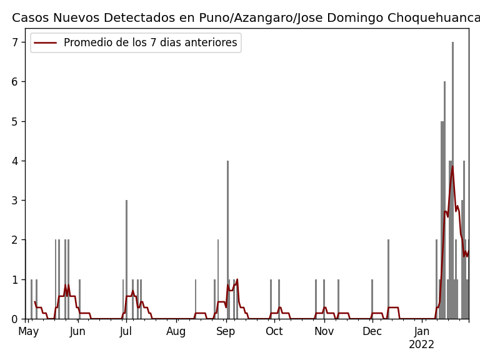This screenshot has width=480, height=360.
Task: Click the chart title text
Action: click(x=246, y=18)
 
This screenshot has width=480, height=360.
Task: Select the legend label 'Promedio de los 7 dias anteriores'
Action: click(x=150, y=43)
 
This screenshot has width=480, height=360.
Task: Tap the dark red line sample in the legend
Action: click(x=46, y=43)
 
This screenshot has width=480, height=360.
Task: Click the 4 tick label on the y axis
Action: click(x=17, y=161)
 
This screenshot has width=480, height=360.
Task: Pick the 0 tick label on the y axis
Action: click(x=17, y=319)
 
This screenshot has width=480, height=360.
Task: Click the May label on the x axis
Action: click(x=28, y=332)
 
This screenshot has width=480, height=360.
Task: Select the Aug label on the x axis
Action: click(x=176, y=332)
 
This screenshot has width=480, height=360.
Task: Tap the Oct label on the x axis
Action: click(x=274, y=332)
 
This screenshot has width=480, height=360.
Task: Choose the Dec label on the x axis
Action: click(x=372, y=332)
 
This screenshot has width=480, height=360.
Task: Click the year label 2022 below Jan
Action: click(x=421, y=345)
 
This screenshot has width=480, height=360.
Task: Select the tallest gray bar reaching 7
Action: click(x=453, y=181)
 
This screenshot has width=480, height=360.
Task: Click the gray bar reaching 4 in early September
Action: click(x=227, y=241)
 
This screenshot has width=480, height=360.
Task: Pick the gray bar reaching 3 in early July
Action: click(x=126, y=259)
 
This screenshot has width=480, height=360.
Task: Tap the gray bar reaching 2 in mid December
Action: click(x=388, y=279)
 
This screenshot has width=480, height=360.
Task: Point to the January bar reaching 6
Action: click(x=445, y=200)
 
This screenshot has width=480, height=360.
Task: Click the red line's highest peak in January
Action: click(x=452, y=166)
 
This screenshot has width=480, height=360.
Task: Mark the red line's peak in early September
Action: click(x=237, y=279)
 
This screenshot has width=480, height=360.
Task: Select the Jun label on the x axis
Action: click(x=77, y=332)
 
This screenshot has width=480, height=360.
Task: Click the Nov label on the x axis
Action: click(x=324, y=332)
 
